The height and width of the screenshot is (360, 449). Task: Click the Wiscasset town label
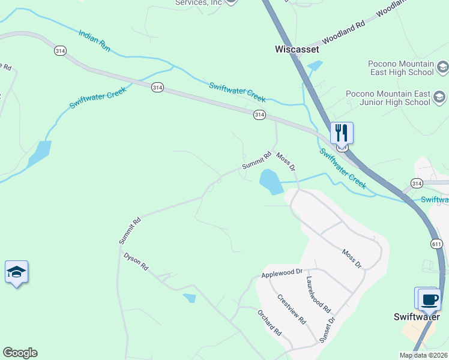[x=297, y=49]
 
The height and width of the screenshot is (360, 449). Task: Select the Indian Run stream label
[x=94, y=40]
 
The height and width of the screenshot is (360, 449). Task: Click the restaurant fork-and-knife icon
[x=342, y=133]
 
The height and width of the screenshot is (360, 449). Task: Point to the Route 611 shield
[x=436, y=243]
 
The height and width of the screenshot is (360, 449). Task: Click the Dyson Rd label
[x=136, y=262]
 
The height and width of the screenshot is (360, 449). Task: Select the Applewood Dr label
[x=282, y=273]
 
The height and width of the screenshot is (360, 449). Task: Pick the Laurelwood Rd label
[x=318, y=294]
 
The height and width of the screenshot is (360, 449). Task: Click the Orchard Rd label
[x=269, y=322]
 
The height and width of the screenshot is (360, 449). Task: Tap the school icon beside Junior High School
[x=439, y=97]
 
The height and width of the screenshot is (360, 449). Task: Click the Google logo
[x=20, y=353]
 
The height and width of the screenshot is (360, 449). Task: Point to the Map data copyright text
[x=423, y=355]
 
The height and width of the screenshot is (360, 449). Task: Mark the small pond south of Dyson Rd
[x=190, y=298]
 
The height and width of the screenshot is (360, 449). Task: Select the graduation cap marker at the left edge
[x=16, y=272]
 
